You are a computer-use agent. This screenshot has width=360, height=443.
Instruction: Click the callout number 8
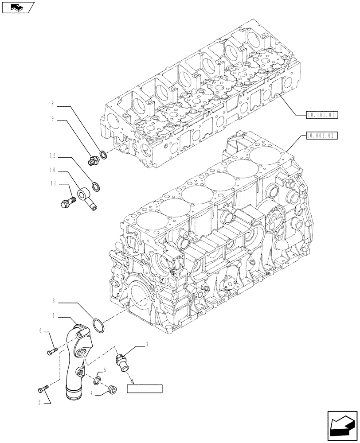[52, 105]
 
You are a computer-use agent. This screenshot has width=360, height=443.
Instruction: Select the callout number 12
[52, 156]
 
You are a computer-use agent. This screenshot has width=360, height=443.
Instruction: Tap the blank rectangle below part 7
[145, 389]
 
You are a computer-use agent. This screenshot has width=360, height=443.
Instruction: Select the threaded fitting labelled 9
[93, 161]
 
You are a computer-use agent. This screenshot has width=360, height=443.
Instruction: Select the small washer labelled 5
[98, 380]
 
